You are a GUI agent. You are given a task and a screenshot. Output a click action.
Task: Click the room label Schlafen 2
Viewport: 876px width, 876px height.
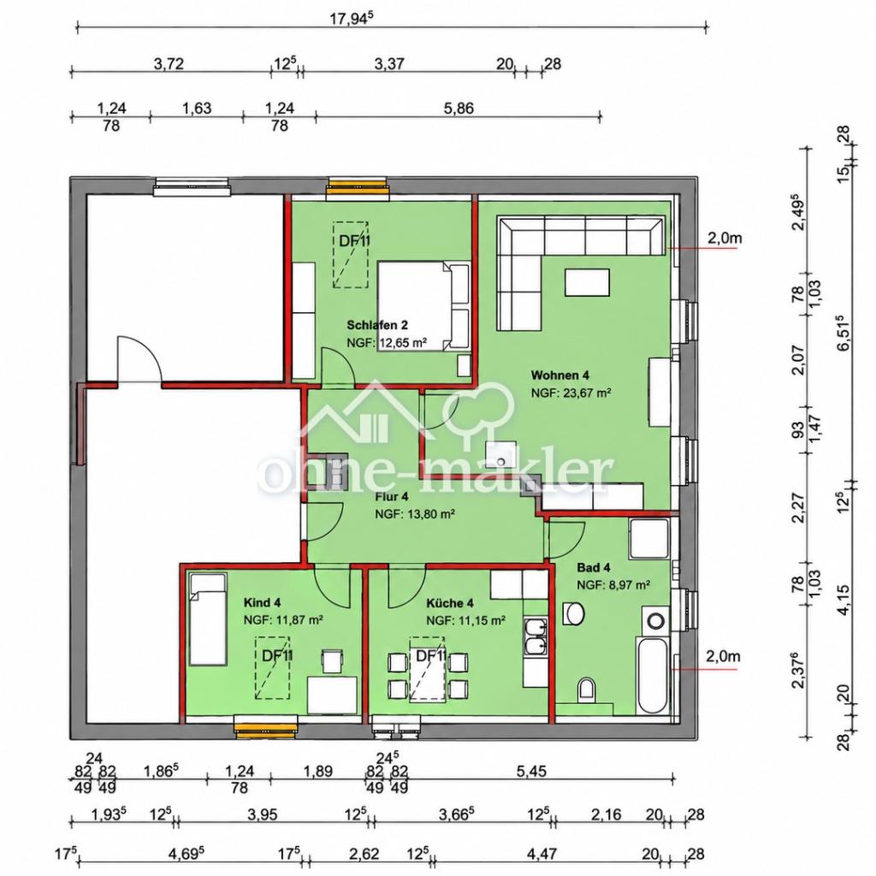[x=377, y=325]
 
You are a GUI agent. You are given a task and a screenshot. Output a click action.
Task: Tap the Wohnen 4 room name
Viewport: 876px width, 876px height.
[x=559, y=375]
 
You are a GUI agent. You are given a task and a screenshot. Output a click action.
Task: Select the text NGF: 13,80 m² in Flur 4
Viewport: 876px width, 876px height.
[x=415, y=513]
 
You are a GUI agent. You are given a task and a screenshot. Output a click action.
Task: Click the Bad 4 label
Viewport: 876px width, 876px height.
[x=594, y=568]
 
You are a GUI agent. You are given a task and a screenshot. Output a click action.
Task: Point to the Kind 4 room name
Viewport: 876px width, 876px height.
[x=262, y=603]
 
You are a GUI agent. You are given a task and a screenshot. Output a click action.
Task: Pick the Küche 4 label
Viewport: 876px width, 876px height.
[x=450, y=603]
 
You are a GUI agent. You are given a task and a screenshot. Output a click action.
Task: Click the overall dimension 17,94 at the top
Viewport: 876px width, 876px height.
[x=351, y=19]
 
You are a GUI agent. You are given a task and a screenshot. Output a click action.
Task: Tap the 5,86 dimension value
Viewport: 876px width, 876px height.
[x=459, y=108]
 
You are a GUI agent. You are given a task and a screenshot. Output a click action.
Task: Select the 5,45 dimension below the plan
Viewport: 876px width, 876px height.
[x=530, y=772]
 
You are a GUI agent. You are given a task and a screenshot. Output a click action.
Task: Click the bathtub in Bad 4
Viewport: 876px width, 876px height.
[x=651, y=676]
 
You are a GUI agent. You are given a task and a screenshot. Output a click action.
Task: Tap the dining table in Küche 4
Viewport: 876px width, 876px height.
[x=428, y=669]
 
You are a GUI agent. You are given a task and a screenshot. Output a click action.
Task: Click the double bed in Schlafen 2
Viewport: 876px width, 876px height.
[x=423, y=307]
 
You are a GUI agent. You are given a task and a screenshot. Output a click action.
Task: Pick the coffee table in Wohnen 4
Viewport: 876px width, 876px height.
[x=587, y=282]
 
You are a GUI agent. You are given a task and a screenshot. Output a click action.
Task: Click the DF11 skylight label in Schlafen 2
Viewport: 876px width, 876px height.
[x=355, y=240]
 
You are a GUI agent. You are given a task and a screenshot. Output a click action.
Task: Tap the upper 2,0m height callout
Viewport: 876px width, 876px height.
[x=725, y=239]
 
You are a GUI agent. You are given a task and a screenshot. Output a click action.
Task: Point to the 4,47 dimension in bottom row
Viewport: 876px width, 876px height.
[x=542, y=855]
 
